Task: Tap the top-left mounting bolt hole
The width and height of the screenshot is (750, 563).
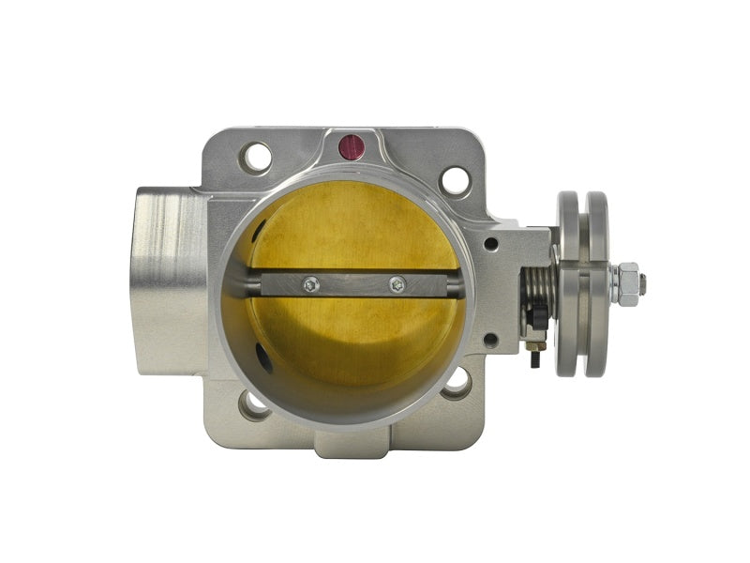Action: pos(256,156)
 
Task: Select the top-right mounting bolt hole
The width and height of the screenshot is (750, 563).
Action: pos(456,179)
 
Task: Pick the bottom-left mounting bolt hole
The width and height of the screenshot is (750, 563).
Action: pos(254,403)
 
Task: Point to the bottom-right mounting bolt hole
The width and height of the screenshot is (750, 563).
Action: pos(457,380)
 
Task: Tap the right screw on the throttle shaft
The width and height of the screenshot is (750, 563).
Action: pos(397,282)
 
